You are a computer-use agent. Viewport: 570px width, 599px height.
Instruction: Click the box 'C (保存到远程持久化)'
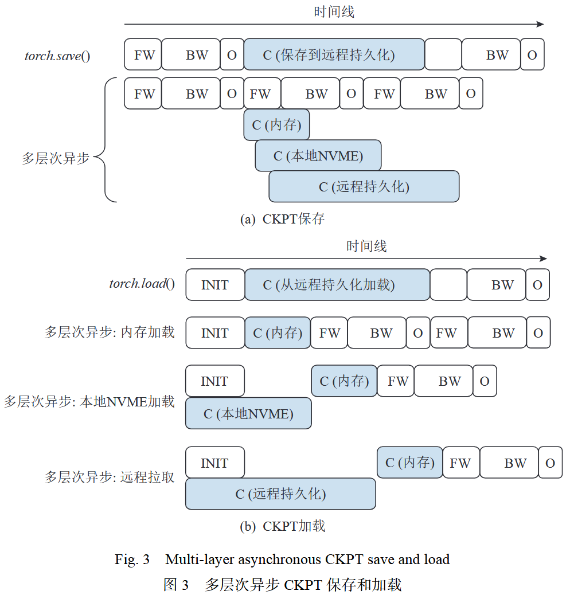point(334,54)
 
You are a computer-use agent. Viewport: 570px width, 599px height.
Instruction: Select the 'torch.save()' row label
point(57,56)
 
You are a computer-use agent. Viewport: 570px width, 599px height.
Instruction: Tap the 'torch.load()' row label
point(142,284)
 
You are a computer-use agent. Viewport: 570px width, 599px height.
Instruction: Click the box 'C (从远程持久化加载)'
point(337,284)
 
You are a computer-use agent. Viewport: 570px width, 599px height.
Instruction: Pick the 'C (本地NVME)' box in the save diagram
point(318,155)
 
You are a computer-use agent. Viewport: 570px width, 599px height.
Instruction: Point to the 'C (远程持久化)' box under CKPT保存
point(364,186)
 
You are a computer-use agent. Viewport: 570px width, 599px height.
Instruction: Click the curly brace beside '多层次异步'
point(105,140)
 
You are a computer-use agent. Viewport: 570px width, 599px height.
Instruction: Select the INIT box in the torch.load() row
point(215,284)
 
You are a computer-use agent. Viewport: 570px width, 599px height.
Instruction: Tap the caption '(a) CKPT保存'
point(282,219)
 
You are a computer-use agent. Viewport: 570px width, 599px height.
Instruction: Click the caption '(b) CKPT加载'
point(282,526)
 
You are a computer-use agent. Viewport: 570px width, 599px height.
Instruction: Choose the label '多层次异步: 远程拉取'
point(110,477)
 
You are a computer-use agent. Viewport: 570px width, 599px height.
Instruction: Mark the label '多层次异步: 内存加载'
point(110,332)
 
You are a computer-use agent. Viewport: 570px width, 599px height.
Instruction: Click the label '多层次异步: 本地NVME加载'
point(89,401)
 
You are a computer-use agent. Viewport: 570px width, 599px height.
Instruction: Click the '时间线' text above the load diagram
point(366,246)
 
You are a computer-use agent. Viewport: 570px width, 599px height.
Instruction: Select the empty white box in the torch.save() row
point(443,54)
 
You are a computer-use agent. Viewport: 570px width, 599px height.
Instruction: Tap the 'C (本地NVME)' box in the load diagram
point(248,413)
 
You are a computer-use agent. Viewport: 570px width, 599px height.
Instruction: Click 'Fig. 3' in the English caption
point(132,559)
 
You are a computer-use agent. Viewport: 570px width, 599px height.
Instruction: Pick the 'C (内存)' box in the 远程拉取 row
point(409,463)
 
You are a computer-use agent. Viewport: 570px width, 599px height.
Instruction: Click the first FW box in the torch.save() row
point(143,54)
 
